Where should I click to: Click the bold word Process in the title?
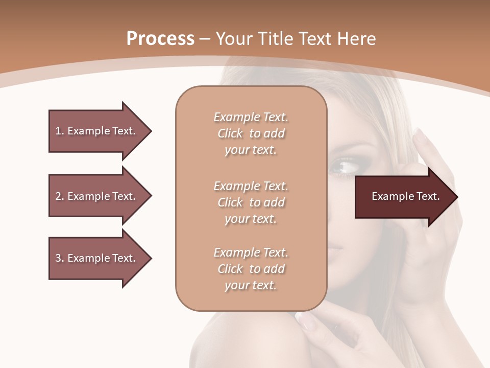click(160, 39)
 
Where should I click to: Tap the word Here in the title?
click(357, 39)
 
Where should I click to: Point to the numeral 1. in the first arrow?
click(59, 131)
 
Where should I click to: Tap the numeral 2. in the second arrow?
click(59, 196)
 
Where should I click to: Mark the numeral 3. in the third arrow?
click(59, 258)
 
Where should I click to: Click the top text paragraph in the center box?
click(251, 133)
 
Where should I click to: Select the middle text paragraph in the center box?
click(251, 202)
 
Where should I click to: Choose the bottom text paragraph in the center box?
click(251, 269)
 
